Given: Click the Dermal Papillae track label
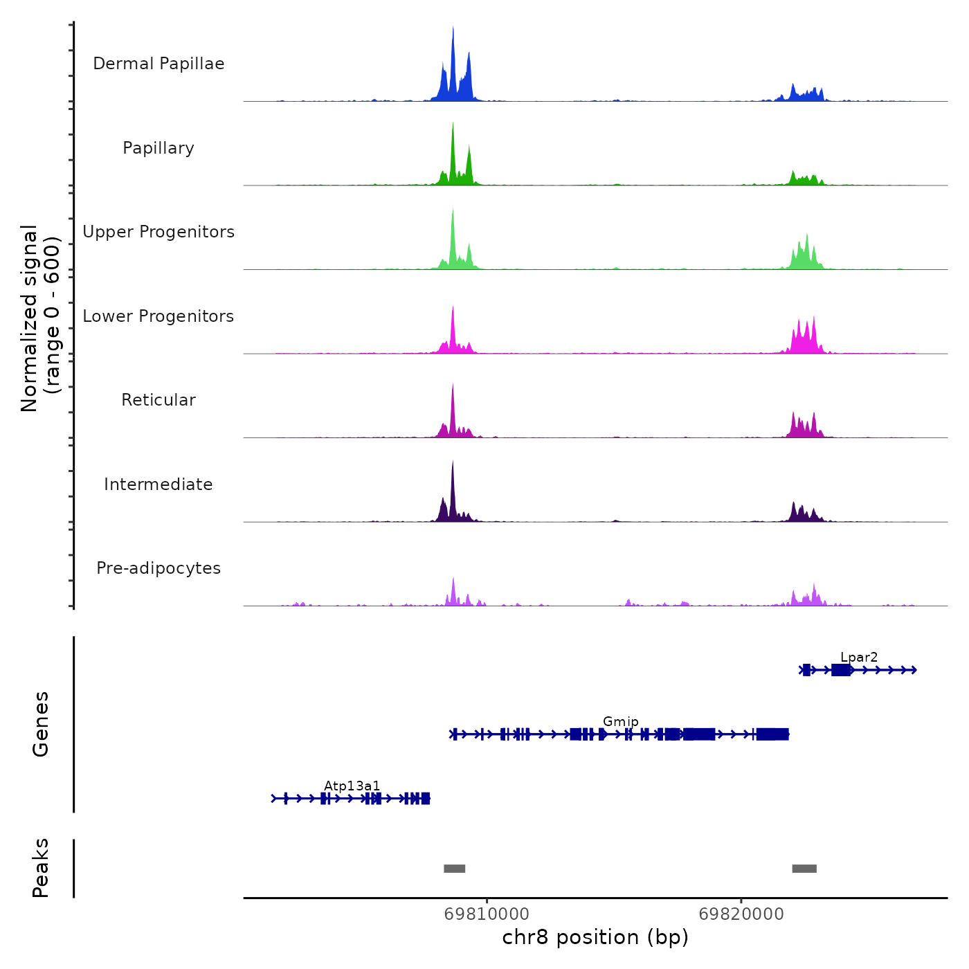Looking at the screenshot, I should click(159, 64).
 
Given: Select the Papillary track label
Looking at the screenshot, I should click(159, 148).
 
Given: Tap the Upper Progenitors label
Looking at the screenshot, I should click(159, 232).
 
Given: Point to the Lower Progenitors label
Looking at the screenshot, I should click(159, 316).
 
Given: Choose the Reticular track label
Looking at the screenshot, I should click(159, 400).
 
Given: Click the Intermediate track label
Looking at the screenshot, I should click(159, 484).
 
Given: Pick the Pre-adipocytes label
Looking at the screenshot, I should click(159, 568).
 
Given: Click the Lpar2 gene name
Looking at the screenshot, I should click(859, 657).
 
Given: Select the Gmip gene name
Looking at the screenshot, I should click(621, 721).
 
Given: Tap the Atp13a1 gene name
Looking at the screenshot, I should click(352, 786).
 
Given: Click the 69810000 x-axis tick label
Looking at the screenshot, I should click(487, 914).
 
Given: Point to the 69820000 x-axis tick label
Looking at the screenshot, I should click(741, 914).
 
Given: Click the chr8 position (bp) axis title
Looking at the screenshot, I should click(595, 937).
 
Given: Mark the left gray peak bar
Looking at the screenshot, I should click(454, 869).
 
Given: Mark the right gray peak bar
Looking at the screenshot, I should click(804, 869).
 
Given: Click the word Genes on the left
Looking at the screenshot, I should click(41, 724).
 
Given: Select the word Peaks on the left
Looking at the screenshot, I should click(41, 868).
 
